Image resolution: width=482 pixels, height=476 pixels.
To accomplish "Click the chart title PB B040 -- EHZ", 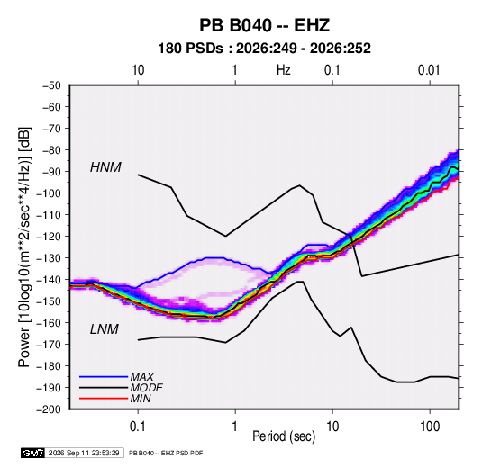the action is (x=264, y=25).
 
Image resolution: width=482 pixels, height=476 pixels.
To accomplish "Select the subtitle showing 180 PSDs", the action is (x=264, y=49).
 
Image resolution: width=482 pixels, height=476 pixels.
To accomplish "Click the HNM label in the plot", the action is (x=105, y=167).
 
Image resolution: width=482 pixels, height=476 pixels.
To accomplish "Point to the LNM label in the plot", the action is (x=105, y=329).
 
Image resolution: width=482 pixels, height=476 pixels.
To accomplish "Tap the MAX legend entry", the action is (x=141, y=376).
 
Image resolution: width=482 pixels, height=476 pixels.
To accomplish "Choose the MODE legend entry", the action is (x=146, y=388).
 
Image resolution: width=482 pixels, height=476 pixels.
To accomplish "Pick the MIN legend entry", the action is (x=141, y=399).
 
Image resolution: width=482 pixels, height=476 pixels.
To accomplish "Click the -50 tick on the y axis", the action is (x=52, y=85).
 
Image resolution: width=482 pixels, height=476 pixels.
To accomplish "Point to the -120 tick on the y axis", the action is (x=49, y=237).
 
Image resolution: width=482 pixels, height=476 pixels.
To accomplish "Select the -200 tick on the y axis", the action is (x=49, y=409).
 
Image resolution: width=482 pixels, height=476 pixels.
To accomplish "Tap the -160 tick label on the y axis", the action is (x=49, y=323).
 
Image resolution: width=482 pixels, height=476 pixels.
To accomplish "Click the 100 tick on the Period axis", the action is (x=430, y=427).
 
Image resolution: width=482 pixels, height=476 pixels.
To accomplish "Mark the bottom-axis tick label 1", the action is (x=235, y=427).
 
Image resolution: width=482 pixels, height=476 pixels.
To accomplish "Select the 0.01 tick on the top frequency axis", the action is (x=429, y=70).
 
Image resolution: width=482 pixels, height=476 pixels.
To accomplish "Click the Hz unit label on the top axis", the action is (x=284, y=70).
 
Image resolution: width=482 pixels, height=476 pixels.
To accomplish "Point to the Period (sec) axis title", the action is (x=284, y=436).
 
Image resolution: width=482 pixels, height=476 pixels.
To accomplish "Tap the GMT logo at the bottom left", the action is (x=32, y=453).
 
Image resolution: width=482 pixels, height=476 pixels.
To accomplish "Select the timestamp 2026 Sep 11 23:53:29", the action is (x=84, y=453).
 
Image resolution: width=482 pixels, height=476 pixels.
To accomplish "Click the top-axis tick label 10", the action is (x=138, y=70).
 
